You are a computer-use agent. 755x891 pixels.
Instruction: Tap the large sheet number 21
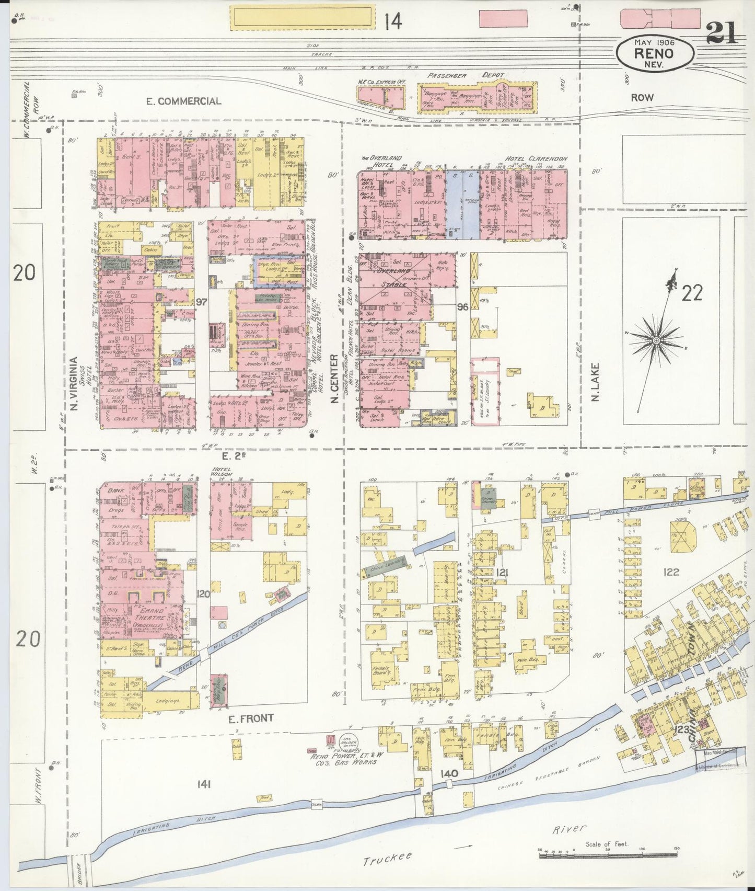[722, 35]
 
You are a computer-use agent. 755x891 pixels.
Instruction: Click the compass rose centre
[656, 341]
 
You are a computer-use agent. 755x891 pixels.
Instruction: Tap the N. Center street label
[332, 379]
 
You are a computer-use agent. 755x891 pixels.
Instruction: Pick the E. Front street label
[251, 718]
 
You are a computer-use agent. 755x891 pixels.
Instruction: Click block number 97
[202, 302]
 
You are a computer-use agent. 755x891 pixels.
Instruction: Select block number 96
[461, 306]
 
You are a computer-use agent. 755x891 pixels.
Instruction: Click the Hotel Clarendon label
[536, 158]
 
